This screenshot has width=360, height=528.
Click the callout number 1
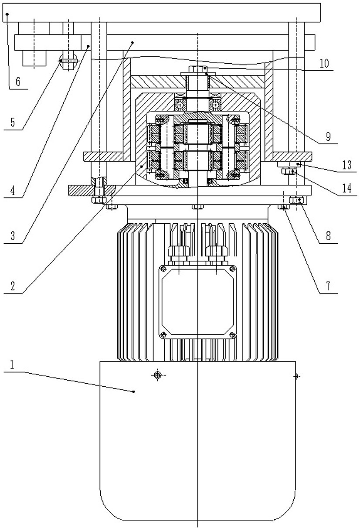12,364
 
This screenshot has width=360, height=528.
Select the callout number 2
13,286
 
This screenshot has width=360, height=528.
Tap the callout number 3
13,236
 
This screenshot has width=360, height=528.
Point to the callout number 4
13,190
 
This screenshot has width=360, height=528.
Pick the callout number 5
13,123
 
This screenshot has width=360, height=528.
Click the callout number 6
18,82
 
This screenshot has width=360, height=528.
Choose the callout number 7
328,286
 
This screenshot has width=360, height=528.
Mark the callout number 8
328,235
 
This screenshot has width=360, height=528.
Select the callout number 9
328,136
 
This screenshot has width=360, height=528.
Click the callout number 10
324,63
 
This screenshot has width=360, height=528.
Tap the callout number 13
347,165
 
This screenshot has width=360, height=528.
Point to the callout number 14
347,188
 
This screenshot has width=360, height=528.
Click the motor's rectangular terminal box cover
198,302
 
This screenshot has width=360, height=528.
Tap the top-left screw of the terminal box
163,269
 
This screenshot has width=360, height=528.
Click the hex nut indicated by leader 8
297,200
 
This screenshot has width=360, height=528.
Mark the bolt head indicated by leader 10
198,68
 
